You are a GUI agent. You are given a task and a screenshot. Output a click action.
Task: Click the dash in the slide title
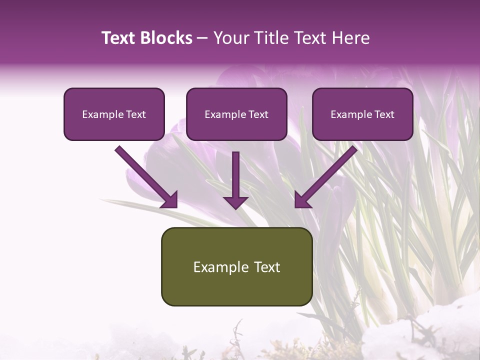pyautogui.click(x=202, y=38)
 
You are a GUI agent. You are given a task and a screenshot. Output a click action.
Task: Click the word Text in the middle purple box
pyautogui.click(x=258, y=114)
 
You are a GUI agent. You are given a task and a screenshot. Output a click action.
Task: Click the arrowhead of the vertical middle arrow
pyautogui.click(x=235, y=201)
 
